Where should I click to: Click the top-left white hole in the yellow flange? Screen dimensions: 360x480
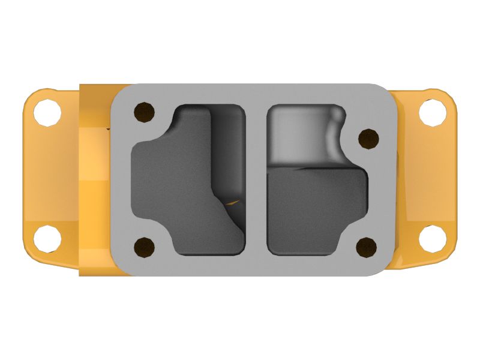[47, 113]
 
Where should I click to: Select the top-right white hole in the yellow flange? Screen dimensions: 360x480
[431, 113]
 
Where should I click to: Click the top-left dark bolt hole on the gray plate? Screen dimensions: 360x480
[143, 111]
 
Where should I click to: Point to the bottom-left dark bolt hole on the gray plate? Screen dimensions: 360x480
[143, 245]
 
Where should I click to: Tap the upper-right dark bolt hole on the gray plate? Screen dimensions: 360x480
[367, 139]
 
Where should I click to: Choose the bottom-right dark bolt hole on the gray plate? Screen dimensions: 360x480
[366, 245]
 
